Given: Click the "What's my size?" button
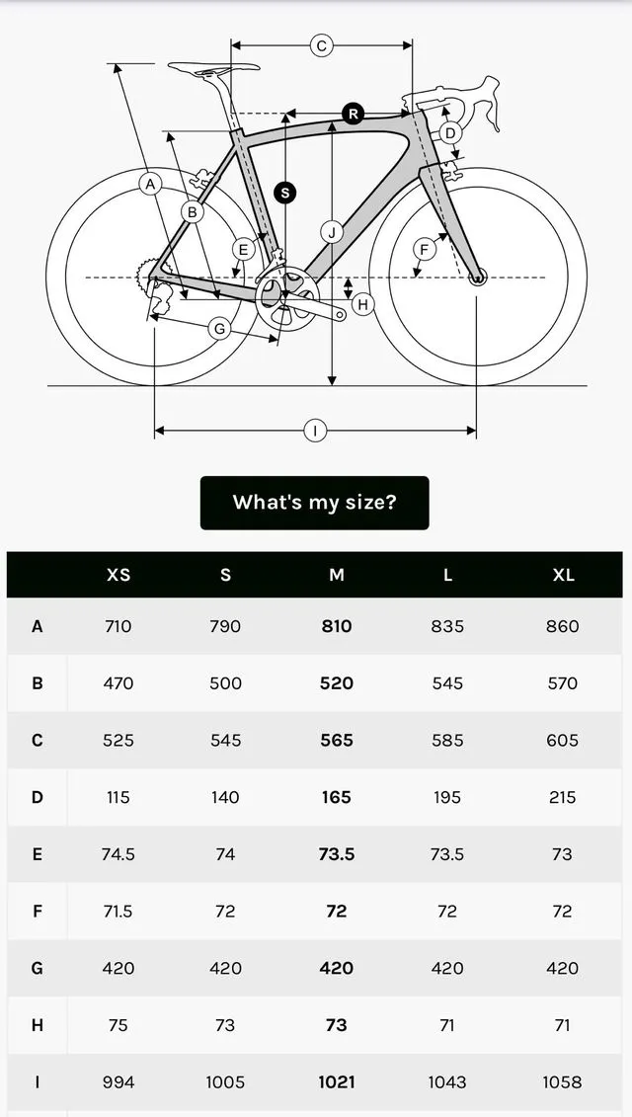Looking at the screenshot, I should (314, 502).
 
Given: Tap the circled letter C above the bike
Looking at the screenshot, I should (321, 45).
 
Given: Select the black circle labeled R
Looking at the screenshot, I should (354, 114).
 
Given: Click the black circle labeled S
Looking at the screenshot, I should (285, 193).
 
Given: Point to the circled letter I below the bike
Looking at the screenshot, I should (315, 431).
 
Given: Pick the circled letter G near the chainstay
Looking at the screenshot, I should (219, 328).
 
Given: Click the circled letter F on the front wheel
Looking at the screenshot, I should (424, 249).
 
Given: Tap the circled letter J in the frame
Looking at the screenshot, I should (332, 233).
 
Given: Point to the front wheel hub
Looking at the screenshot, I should (477, 278).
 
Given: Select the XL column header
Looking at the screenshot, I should (563, 575).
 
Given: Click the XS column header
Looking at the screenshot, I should (118, 575).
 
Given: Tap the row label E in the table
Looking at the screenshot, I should (38, 854).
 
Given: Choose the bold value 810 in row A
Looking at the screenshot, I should (337, 626).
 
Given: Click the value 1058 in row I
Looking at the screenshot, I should (563, 1082).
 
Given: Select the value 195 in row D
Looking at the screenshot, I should (447, 797).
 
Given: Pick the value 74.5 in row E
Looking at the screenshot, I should (118, 854).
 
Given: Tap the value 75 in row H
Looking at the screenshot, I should (118, 1025).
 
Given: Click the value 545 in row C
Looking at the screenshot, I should (225, 740).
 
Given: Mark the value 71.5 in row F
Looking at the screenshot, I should (118, 912).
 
